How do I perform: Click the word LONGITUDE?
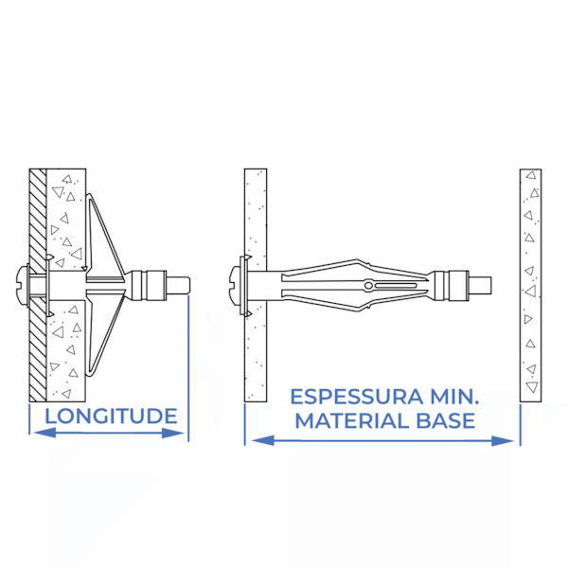[111, 416]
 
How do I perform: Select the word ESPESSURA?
[357, 397]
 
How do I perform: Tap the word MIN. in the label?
[454, 397]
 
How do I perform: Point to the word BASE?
[446, 421]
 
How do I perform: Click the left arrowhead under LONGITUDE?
[44, 433]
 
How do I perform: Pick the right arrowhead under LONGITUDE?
[173, 433]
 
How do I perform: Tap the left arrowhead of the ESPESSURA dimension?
[263, 440]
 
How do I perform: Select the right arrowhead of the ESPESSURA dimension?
[503, 441]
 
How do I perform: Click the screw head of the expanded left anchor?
[23, 285]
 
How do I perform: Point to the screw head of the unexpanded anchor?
[236, 285]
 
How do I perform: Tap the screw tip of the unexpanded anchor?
[480, 285]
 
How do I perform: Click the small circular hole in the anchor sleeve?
[368, 286]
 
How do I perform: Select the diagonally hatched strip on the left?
[38, 285]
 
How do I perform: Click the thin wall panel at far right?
[531, 285]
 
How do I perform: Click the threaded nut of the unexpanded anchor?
[448, 285]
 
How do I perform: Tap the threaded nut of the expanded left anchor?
[149, 285]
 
